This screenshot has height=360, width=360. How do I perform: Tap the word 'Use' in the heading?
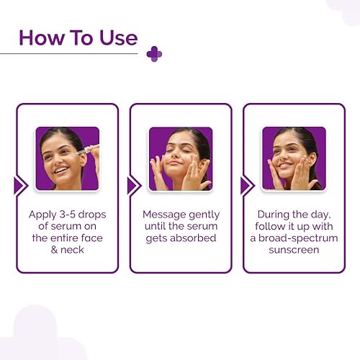coord(116,37)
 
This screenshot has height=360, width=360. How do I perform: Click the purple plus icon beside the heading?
coord(153,54)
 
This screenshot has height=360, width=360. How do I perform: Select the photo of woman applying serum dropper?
coord(67,158)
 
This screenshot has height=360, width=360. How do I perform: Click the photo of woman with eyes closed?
coord(180,158)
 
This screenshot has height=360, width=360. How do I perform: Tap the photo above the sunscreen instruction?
coord(293,158)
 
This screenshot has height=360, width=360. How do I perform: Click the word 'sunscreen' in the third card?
coord(293,249)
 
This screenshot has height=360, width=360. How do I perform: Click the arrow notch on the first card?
coord(21,186)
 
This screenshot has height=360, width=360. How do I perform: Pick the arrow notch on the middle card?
coord(134,186)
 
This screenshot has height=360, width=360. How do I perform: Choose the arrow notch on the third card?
coord(247,186)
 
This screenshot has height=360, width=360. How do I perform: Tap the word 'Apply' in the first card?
coord(42,215)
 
